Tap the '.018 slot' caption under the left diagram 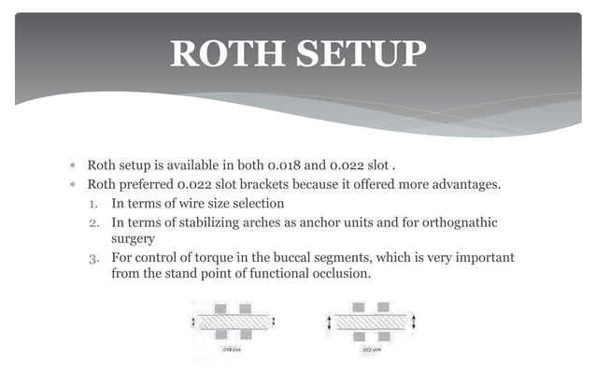pyautogui.click(x=230, y=351)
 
